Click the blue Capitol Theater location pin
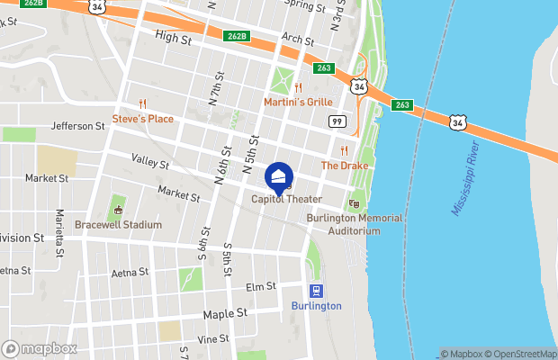[280, 176]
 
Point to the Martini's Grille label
[298, 103]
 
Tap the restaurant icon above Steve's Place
[142, 103]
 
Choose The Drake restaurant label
[345, 166]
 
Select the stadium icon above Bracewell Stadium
[118, 211]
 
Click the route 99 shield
[337, 121]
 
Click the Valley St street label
[149, 163]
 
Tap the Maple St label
[225, 314]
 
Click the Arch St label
[296, 40]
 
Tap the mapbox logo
[40, 348]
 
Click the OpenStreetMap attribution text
[522, 354]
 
